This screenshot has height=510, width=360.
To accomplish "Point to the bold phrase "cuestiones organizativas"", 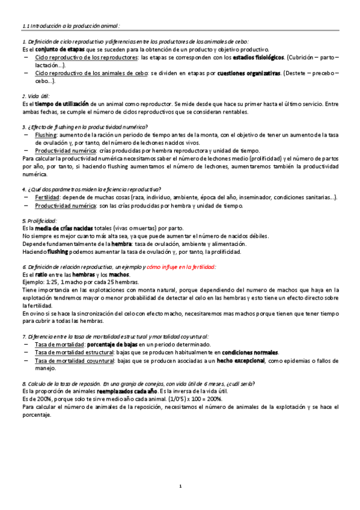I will click(249, 73).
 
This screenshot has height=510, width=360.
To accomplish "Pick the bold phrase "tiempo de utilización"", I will click(63, 104).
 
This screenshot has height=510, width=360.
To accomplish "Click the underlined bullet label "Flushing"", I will click(46, 135).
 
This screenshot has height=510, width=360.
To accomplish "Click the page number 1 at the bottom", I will click(180, 485).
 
